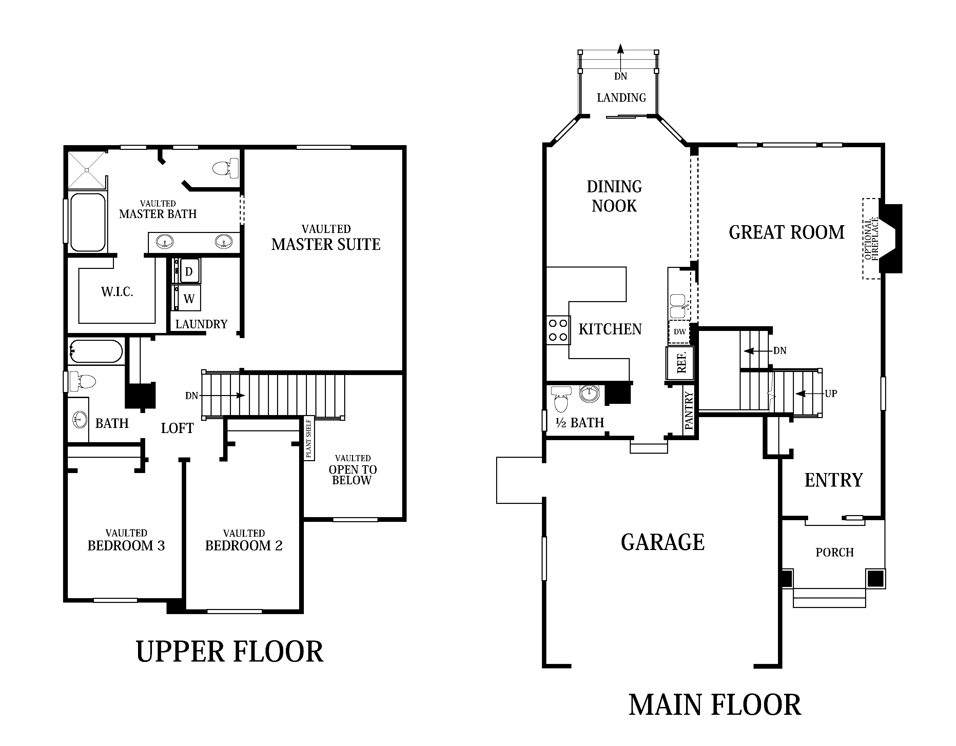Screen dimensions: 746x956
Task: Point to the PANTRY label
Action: [689, 411]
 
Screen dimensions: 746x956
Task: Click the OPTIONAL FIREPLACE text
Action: [871, 239]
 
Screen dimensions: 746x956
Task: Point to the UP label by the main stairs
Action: [831, 394]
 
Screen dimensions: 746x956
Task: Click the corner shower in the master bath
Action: [87, 170]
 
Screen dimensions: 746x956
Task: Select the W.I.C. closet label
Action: [117, 292]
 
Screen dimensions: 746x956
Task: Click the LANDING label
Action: [621, 98]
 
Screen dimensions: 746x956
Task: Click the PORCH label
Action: [834, 552]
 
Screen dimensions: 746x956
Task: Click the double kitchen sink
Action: [678, 306]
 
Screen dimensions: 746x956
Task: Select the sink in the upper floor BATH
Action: [79, 420]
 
